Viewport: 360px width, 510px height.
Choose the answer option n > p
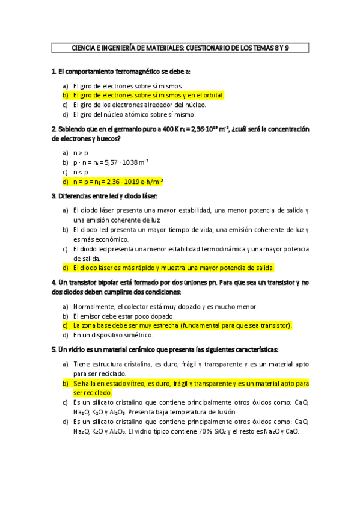click(x=82, y=153)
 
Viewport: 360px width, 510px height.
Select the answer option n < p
click(x=82, y=171)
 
